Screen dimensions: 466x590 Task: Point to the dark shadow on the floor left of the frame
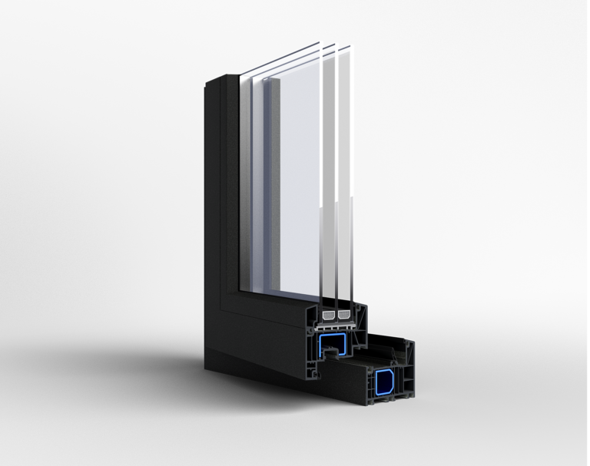[x=138, y=361]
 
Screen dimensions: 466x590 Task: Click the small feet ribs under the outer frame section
[x=384, y=404]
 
